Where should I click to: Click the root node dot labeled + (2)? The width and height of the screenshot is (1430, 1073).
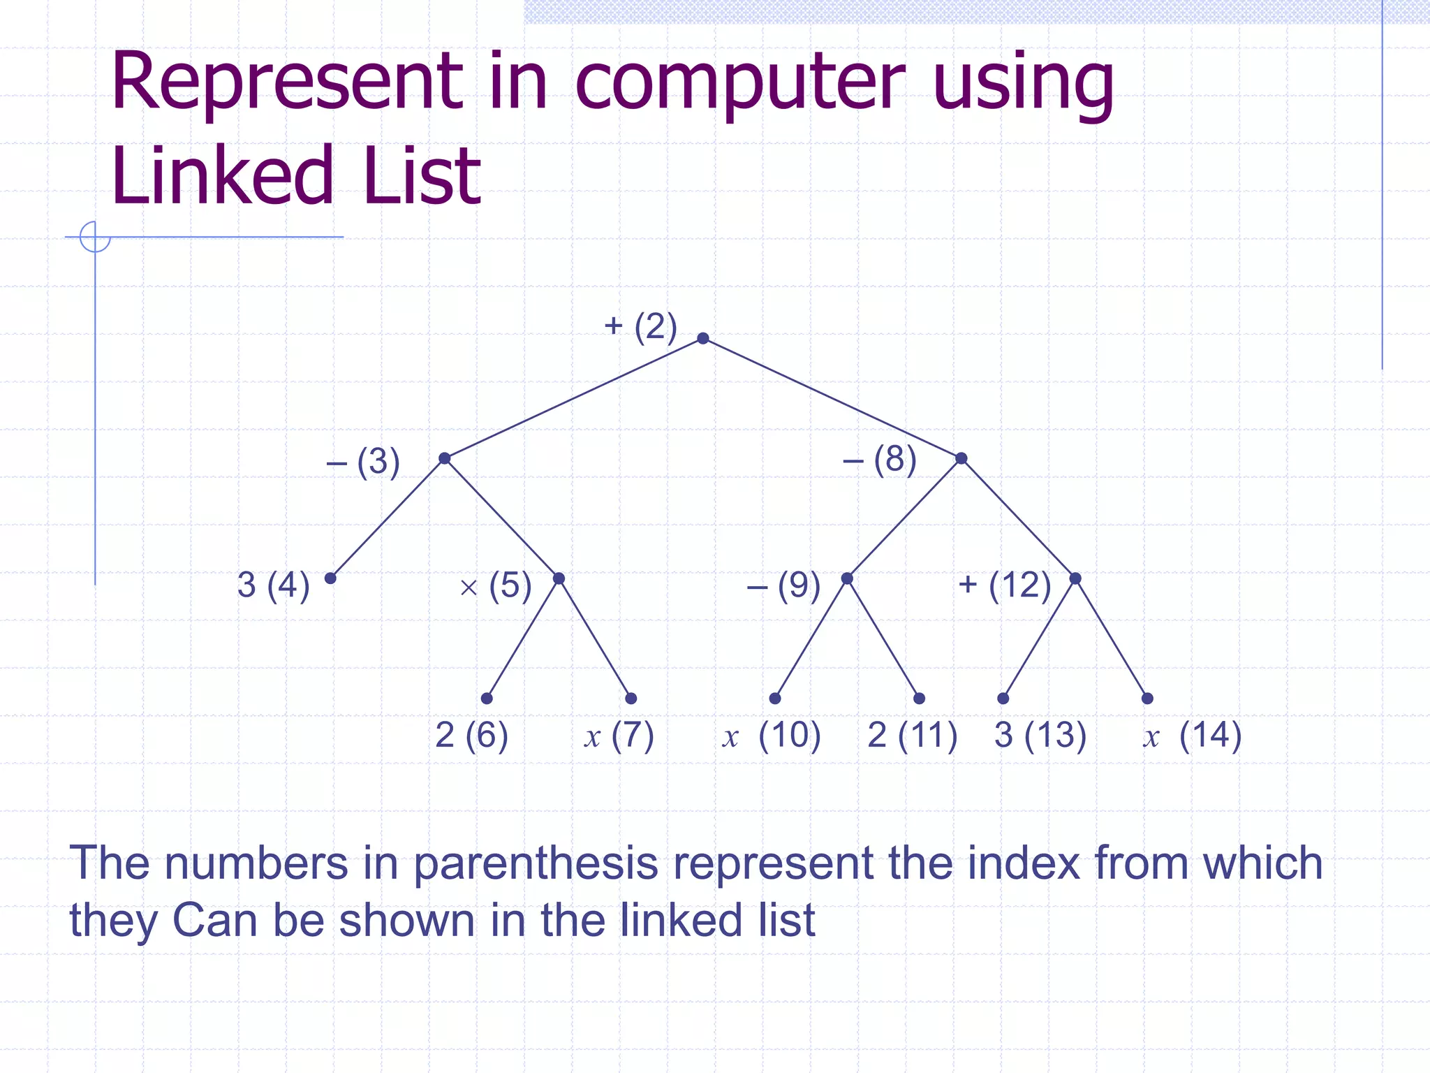[703, 339]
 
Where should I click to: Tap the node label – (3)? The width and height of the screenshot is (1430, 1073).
[363, 462]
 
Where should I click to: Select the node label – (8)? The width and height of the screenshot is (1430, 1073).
[879, 460]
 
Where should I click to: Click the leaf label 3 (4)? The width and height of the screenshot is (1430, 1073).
[273, 585]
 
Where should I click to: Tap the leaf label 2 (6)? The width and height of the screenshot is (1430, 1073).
[471, 735]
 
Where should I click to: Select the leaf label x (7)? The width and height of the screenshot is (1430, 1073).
[619, 736]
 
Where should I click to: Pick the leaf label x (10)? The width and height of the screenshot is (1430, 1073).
[772, 736]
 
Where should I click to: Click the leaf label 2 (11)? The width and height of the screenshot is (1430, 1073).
[912, 736]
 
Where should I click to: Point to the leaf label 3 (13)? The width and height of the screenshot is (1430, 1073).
[1040, 736]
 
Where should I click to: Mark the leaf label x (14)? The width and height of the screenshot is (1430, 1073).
[1192, 736]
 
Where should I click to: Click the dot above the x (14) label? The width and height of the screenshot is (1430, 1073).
[1147, 699]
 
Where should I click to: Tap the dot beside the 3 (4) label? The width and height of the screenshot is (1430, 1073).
[330, 578]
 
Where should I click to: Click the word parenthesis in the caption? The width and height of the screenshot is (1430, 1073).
[536, 863]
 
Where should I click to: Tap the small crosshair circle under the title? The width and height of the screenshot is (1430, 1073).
[95, 237]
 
